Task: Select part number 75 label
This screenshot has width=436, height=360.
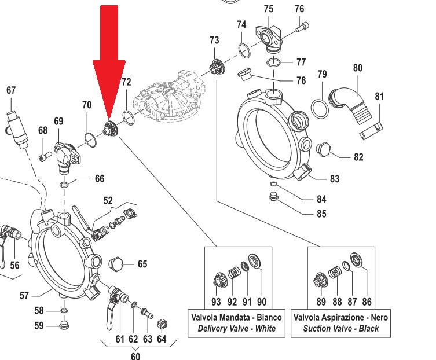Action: coord(268,9)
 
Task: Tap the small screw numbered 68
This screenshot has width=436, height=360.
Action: coord(42,156)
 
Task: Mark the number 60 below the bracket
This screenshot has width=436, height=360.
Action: coord(135,355)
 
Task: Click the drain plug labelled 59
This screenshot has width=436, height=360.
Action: coord(64,325)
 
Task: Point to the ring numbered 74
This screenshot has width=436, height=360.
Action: coord(245,50)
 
